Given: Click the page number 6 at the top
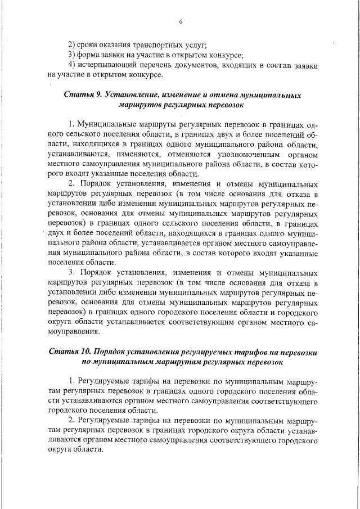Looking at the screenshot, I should [x=181, y=22].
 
